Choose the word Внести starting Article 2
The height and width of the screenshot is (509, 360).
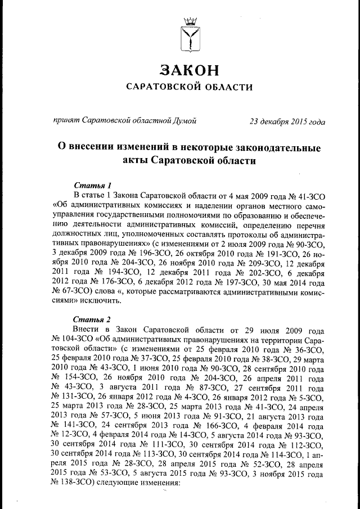pos(86,330)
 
